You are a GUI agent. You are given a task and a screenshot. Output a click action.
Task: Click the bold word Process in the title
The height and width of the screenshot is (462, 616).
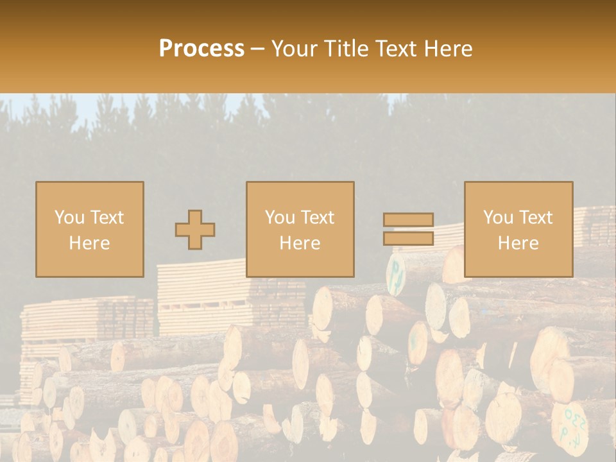pyautogui.click(x=201, y=49)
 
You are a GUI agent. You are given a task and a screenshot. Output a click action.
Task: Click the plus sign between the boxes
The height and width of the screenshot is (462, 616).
pyautogui.click(x=195, y=230)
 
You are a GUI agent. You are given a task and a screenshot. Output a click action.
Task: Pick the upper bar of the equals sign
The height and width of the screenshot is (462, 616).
pyautogui.click(x=408, y=219)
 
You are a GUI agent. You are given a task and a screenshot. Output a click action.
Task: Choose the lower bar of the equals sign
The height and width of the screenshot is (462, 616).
pyautogui.click(x=408, y=239)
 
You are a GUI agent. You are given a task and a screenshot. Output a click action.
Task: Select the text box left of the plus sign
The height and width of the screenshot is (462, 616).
pyautogui.click(x=89, y=229)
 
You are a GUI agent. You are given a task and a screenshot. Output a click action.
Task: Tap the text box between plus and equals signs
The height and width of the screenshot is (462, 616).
pyautogui.click(x=300, y=229)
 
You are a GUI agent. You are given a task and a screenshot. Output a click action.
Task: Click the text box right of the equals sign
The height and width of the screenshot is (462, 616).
pyautogui.click(x=518, y=229)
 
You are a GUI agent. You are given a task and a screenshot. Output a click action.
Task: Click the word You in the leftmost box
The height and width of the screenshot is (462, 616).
pyautogui.click(x=69, y=218)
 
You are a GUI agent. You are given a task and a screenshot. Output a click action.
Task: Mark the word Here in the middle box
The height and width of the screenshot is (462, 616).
pyautogui.click(x=300, y=243)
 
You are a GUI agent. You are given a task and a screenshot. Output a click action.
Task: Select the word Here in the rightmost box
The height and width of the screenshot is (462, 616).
pyautogui.click(x=518, y=243)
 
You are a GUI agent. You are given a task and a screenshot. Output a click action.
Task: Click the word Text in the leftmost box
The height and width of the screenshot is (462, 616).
pyautogui.click(x=107, y=218)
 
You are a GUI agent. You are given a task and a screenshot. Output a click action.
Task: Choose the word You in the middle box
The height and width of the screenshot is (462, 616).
pyautogui.click(x=280, y=218)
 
